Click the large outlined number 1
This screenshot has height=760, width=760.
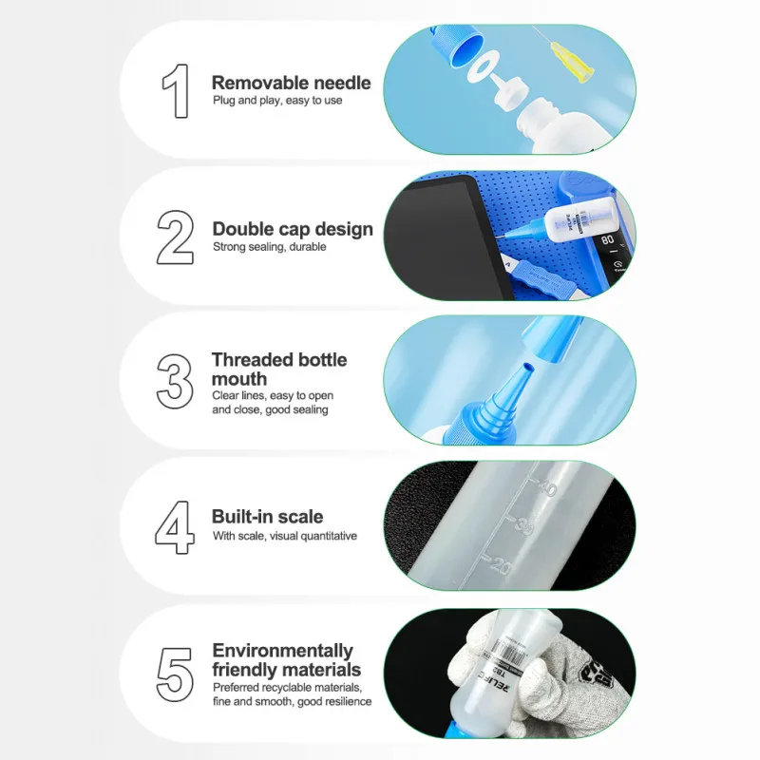tap(176, 90)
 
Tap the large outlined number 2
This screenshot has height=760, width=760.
tap(175, 237)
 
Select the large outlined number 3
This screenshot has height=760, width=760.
tap(175, 381)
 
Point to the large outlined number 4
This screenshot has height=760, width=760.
tap(175, 527)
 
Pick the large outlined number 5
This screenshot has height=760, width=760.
tap(175, 674)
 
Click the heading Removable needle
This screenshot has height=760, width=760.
tap(292, 83)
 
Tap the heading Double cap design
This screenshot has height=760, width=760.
tap(293, 229)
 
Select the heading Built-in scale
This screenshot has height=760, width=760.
tap(268, 517)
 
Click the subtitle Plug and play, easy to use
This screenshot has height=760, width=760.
tap(277, 101)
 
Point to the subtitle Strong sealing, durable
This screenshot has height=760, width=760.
tap(270, 247)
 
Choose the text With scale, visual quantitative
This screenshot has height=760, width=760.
tap(285, 536)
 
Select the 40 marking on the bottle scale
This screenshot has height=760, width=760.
tap(547, 487)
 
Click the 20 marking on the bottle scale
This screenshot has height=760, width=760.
tap(501, 565)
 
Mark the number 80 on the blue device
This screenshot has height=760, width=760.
tap(607, 240)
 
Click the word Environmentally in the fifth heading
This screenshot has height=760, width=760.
tap(282, 651)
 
